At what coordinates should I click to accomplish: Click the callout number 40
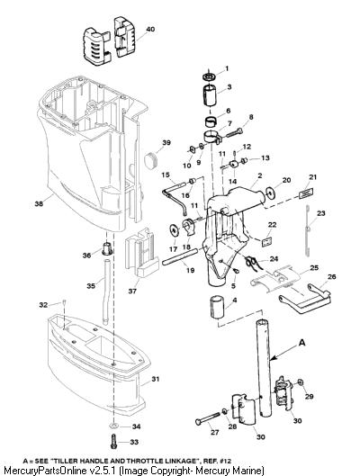click(150, 29)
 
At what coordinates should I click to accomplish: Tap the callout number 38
click(39, 203)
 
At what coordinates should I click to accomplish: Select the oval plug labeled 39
click(151, 161)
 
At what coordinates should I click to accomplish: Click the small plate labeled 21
click(306, 193)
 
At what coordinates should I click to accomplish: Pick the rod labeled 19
click(180, 256)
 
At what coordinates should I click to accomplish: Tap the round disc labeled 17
click(175, 229)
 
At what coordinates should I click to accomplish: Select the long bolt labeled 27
click(207, 418)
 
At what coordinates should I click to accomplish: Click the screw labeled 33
click(113, 442)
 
